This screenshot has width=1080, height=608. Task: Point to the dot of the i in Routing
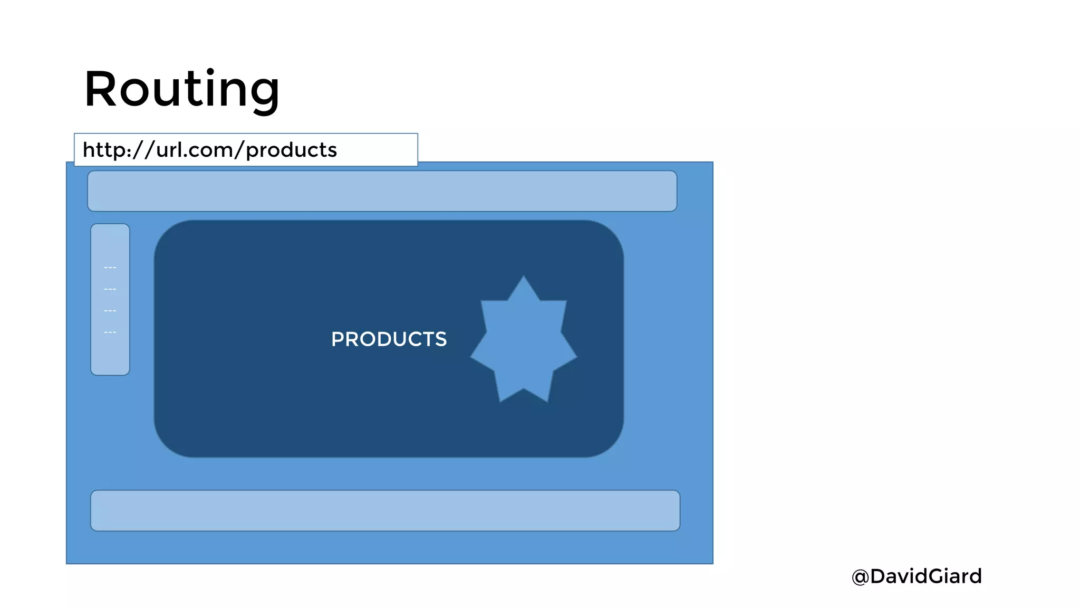pos(210,72)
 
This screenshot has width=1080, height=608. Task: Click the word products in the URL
pos(291,150)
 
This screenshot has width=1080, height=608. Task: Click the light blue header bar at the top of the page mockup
pos(382,191)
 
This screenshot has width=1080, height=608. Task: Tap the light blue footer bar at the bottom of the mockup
pos(385,510)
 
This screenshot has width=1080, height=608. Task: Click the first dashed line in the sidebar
pos(110,268)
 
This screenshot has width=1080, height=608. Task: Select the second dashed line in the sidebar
pos(110,290)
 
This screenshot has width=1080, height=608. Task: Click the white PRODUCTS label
pos(389,339)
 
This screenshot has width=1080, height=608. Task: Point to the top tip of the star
pos(524,277)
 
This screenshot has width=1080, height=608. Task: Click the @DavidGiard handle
pos(917,576)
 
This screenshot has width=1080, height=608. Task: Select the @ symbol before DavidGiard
pos(860,577)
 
